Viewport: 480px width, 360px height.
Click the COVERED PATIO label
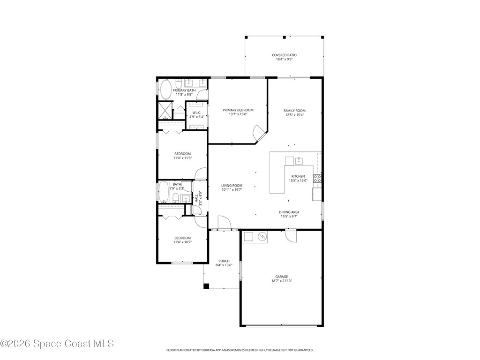click(x=284, y=55)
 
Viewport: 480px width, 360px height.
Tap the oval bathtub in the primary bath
click(x=165, y=89)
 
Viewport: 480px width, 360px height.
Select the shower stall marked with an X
click(x=165, y=111)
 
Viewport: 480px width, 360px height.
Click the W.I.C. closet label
click(x=196, y=112)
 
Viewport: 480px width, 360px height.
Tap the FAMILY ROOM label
click(x=294, y=111)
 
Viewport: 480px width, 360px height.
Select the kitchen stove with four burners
click(x=317, y=178)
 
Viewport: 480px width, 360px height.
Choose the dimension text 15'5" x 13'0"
click(x=298, y=181)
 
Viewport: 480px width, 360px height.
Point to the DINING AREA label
click(x=289, y=212)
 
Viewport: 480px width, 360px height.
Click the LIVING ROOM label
click(x=232, y=186)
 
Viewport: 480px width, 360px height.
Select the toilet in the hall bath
click(x=186, y=199)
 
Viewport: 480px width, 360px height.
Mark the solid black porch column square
click(x=206, y=286)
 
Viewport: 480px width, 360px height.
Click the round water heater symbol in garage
click(x=263, y=237)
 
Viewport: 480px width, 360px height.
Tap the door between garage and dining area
click(x=291, y=236)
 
